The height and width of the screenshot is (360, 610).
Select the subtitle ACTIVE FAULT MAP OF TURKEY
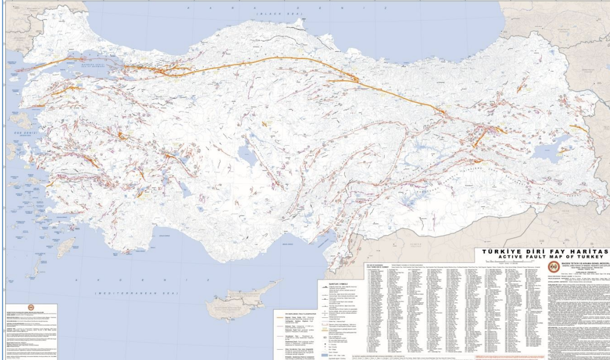(543, 256)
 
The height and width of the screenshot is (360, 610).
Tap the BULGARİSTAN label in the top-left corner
(18, 9)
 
